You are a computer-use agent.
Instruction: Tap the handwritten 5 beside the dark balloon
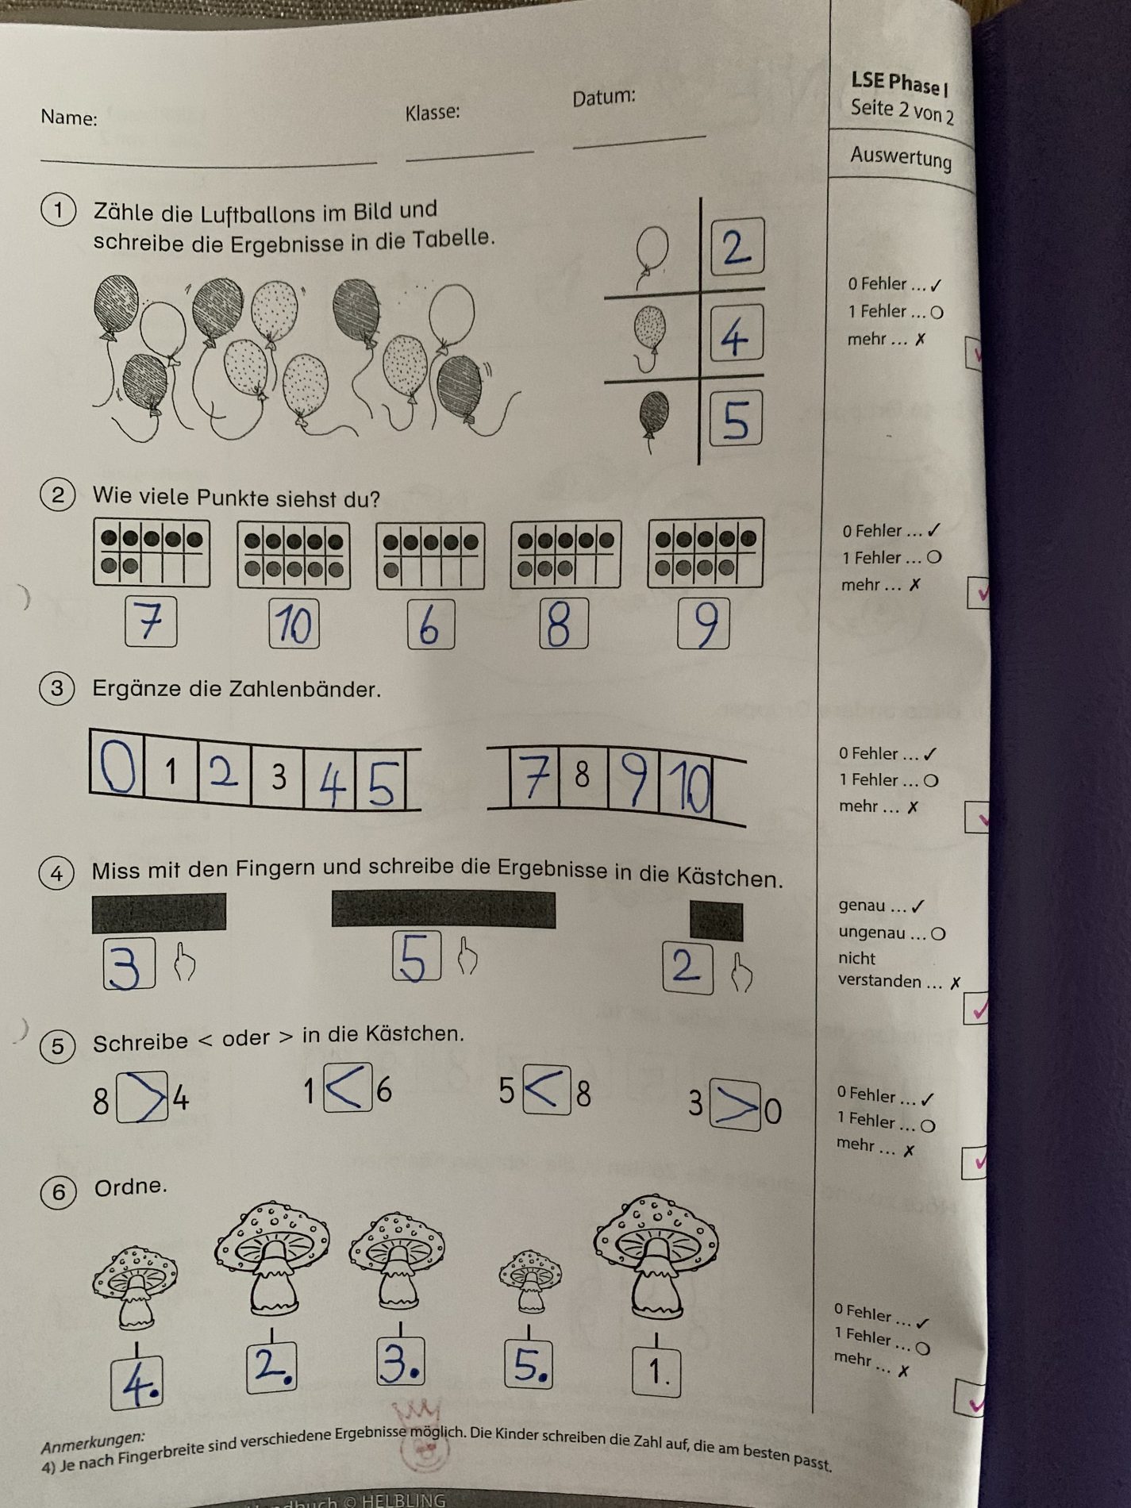click(x=736, y=418)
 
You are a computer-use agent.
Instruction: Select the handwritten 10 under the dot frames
click(x=294, y=624)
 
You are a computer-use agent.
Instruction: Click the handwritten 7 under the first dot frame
click(x=149, y=621)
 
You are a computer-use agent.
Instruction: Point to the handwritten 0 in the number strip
click(x=117, y=765)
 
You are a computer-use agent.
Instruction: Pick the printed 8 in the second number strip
click(x=582, y=775)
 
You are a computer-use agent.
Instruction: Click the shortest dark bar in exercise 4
click(x=716, y=921)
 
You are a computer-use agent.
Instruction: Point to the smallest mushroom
click(x=530, y=1280)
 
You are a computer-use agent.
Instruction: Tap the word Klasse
click(x=433, y=113)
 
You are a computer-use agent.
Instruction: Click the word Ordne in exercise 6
click(x=131, y=1187)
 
